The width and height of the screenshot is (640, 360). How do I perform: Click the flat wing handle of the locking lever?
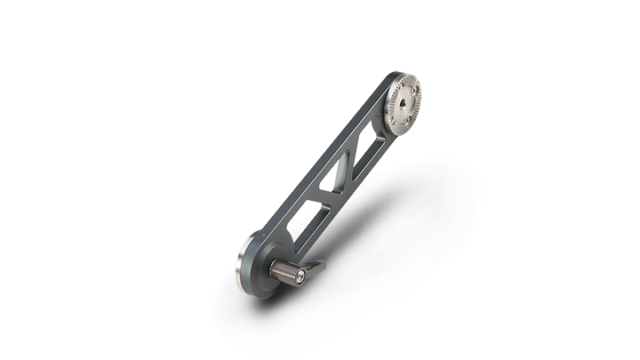pyautogui.click(x=313, y=266)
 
